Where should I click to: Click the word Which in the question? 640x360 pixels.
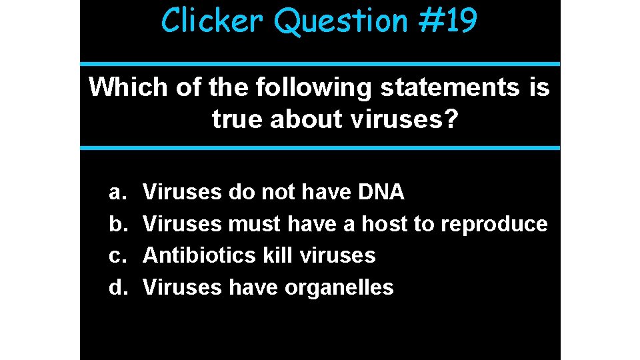129,87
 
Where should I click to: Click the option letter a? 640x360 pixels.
116,193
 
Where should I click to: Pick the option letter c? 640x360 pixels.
116,256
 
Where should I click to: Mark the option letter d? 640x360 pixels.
117,287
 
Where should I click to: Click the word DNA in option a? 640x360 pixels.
381,192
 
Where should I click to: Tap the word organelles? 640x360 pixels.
339,288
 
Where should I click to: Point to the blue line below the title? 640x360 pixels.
320,64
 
